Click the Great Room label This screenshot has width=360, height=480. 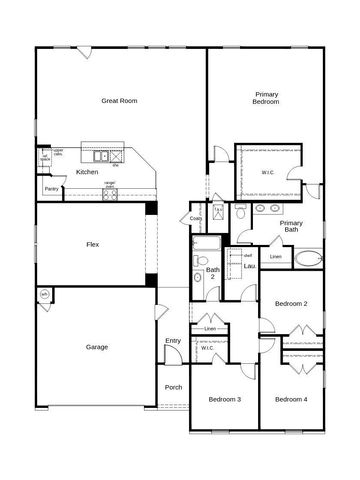click(x=119, y=101)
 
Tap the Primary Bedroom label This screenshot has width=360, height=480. click(x=266, y=98)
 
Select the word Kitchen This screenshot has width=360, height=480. click(x=87, y=172)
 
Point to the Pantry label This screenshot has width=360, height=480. click(x=51, y=189)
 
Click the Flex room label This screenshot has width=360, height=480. click(x=92, y=245)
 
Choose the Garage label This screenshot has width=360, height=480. click(x=97, y=347)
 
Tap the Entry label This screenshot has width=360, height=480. click(x=173, y=341)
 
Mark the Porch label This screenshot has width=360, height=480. click(x=173, y=387)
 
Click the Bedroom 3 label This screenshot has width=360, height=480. click(x=224, y=400)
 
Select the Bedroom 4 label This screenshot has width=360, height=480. click(x=291, y=400)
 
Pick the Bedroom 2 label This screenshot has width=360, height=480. click(x=291, y=303)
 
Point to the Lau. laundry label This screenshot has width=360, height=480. click(x=249, y=267)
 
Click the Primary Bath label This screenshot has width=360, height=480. click(x=291, y=226)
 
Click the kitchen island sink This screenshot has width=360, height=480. click(x=101, y=156)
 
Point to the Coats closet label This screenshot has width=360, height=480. click(x=196, y=218)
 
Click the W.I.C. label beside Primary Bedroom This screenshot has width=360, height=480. click(x=268, y=171)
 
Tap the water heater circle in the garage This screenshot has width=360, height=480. click(x=43, y=294)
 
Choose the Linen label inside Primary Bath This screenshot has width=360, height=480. click(x=276, y=257)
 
